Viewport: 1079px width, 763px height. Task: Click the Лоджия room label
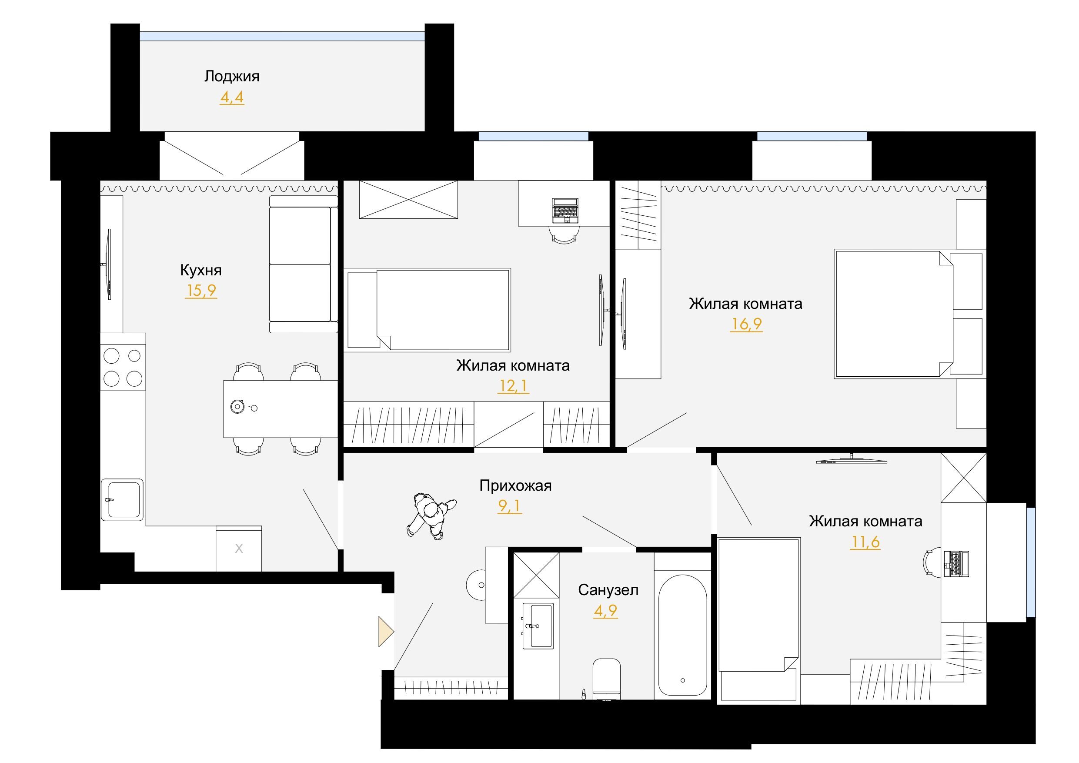(x=232, y=77)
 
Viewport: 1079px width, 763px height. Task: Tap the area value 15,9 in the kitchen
(x=201, y=291)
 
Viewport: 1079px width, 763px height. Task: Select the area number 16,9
(x=746, y=324)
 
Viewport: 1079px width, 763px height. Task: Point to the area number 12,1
(x=513, y=386)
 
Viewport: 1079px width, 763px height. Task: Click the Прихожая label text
(x=515, y=485)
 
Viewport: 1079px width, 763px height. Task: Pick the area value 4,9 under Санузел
(x=605, y=611)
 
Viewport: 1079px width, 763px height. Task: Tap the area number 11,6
(x=865, y=542)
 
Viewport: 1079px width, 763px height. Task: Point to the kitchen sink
(x=122, y=500)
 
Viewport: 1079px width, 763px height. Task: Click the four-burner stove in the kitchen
(x=123, y=367)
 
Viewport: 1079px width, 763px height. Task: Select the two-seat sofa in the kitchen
(x=304, y=264)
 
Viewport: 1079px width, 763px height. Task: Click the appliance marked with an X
(x=239, y=549)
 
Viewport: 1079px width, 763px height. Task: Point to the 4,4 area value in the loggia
(x=232, y=98)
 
